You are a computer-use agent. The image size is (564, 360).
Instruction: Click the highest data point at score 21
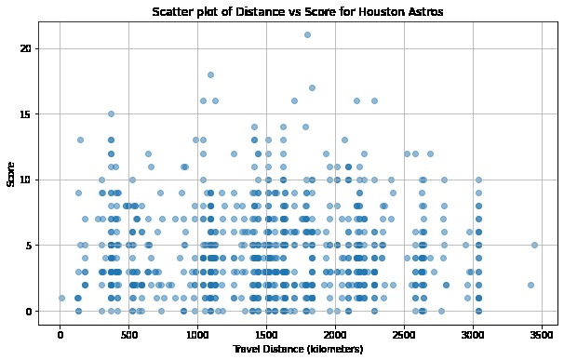[307, 34]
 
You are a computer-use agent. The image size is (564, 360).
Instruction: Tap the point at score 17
[312, 87]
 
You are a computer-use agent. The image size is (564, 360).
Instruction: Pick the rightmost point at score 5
[534, 245]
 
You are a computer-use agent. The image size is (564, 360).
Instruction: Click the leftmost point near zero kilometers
[61, 298]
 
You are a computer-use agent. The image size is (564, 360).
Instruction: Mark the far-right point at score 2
[530, 285]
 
